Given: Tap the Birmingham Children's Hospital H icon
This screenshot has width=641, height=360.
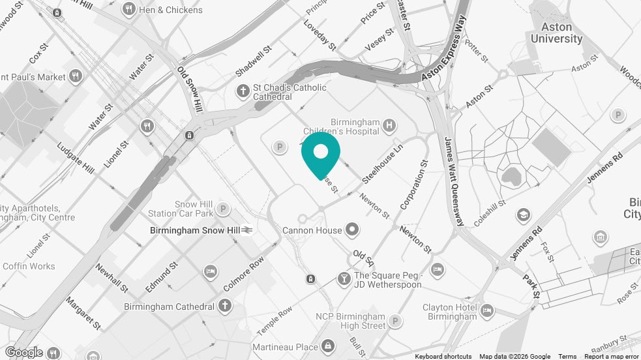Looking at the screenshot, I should point(389,125).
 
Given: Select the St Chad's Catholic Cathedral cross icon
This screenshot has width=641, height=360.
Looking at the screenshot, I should point(243,91).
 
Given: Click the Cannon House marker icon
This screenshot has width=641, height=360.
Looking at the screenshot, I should point(353,230).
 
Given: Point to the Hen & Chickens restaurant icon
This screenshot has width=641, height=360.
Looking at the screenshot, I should point(128,10).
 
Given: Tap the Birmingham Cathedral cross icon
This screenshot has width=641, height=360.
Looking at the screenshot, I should point(225,306).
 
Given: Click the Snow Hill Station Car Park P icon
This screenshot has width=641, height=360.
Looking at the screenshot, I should point(223,209).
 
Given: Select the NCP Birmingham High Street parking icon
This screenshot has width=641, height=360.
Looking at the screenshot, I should point(395,321).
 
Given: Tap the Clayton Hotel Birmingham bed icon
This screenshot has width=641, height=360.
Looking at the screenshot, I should point(486,312).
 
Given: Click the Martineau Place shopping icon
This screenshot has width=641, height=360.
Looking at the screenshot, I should point(328,345).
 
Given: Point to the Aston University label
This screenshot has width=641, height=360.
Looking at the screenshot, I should point(556,33).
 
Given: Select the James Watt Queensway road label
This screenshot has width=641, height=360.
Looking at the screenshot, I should point(455,181).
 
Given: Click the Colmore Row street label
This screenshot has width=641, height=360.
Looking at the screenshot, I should point(244,273).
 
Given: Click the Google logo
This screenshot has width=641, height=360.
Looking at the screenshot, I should point(24,352).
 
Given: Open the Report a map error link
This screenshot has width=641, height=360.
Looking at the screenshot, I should point(611,356).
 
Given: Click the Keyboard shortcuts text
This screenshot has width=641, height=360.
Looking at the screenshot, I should point(443,356).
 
